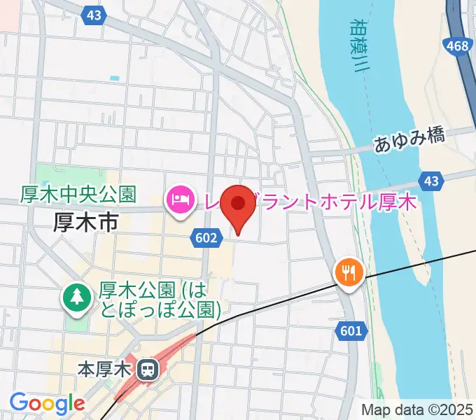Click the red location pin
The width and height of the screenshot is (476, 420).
pos(239,205)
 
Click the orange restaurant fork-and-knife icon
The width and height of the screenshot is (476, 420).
pos(348,271)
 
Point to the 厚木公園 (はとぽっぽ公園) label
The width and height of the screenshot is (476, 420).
pos(160,299)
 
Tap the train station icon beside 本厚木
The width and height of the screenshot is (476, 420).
pos(148,367)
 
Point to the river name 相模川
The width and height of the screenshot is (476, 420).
pos(360,46)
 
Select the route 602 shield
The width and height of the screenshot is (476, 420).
pos(205,239)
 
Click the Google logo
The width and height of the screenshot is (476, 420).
pos(47,402)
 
